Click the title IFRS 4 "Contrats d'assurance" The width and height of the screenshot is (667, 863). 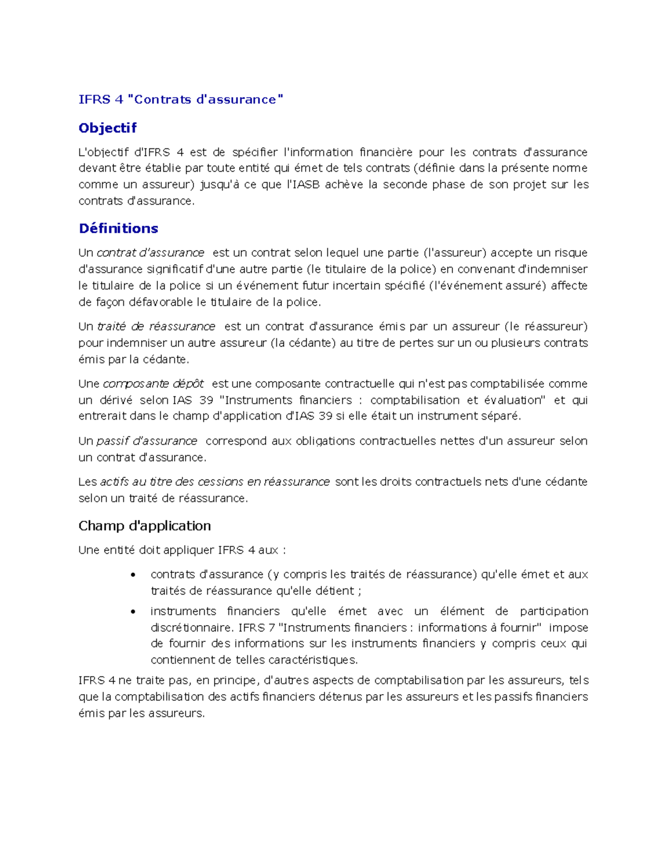(x=181, y=99)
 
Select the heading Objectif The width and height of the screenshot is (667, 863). (x=107, y=128)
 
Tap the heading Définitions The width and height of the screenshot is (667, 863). (x=118, y=228)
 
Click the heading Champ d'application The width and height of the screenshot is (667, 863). (x=145, y=526)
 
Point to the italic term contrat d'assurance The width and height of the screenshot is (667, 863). (x=150, y=253)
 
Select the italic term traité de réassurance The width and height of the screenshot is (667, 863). (x=156, y=326)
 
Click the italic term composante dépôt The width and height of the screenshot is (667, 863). (x=153, y=383)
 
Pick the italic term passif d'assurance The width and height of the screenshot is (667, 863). (x=147, y=441)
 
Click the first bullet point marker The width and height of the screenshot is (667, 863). (x=132, y=575)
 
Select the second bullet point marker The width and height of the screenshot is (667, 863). (x=132, y=612)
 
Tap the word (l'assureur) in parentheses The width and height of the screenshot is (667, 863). (x=455, y=253)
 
